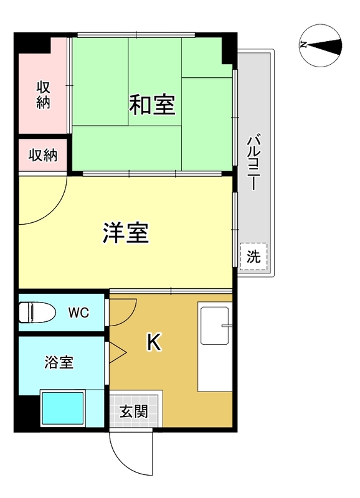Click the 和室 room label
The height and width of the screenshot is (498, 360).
tap(151, 105)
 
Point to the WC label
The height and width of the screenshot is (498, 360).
tap(78, 312)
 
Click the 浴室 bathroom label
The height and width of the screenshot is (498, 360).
tap(59, 362)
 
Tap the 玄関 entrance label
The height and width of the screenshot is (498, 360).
tap(134, 411)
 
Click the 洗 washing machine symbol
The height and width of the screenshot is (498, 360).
tap(253, 256)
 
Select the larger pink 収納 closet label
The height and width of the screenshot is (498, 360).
tap(43, 95)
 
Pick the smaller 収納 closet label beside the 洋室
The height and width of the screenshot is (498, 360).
tap(42, 155)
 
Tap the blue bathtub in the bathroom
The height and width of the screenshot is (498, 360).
tap(62, 409)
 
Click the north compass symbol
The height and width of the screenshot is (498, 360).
tap(321, 44)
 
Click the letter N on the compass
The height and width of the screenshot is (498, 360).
tap(303, 44)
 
